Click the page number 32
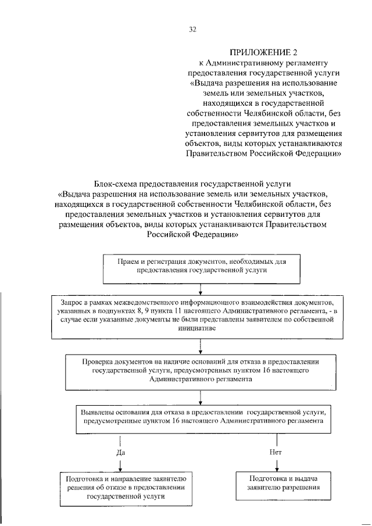(192, 30)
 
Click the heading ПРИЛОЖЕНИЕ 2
(259, 52)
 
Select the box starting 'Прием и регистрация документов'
(201, 266)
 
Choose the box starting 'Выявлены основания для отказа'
(201, 416)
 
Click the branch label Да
(121, 452)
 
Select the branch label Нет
(276, 452)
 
